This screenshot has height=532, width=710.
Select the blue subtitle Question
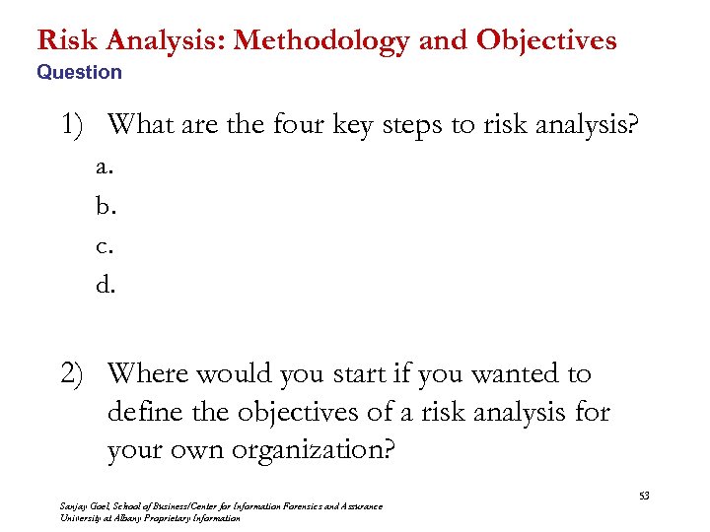click(79, 72)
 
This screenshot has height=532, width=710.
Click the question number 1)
click(75, 124)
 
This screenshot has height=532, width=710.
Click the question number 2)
click(76, 374)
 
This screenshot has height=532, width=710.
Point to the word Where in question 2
click(147, 374)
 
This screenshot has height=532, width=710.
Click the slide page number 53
click(644, 495)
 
